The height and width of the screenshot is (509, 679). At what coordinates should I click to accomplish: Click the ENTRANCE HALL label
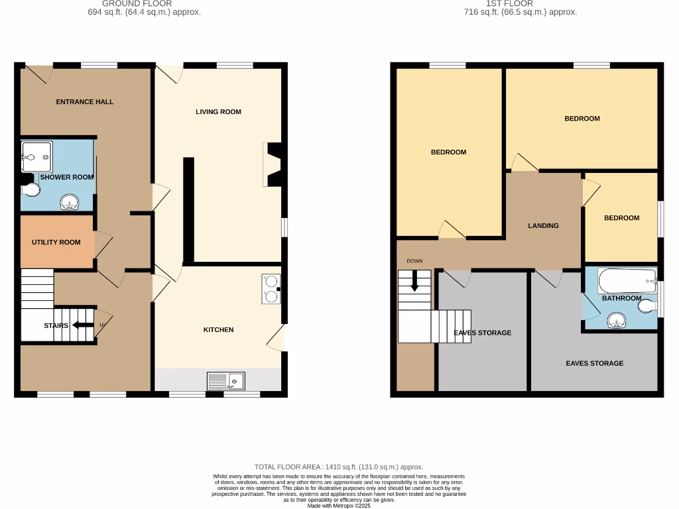(x=84, y=102)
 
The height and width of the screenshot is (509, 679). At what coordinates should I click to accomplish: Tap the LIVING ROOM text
(x=218, y=112)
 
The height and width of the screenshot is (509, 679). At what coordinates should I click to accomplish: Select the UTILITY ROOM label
(x=56, y=243)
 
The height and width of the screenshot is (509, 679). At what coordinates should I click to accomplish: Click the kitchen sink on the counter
(x=226, y=381)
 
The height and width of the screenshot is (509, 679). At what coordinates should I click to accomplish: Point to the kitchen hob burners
(x=271, y=289)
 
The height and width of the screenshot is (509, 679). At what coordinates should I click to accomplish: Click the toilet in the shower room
(x=31, y=190)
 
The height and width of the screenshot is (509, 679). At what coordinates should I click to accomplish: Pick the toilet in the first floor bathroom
(x=648, y=306)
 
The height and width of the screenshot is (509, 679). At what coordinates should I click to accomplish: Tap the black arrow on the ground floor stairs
(x=83, y=325)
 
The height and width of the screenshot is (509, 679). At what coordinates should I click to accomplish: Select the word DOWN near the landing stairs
(x=414, y=261)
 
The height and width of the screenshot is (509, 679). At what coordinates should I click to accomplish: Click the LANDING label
(x=543, y=226)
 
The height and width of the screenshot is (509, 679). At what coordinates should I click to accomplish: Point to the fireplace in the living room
(x=273, y=164)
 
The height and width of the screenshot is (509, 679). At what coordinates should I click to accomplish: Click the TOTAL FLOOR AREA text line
(x=339, y=467)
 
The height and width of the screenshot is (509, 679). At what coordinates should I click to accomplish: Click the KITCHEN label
(x=218, y=330)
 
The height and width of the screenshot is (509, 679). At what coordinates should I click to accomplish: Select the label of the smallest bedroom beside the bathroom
(x=621, y=218)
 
